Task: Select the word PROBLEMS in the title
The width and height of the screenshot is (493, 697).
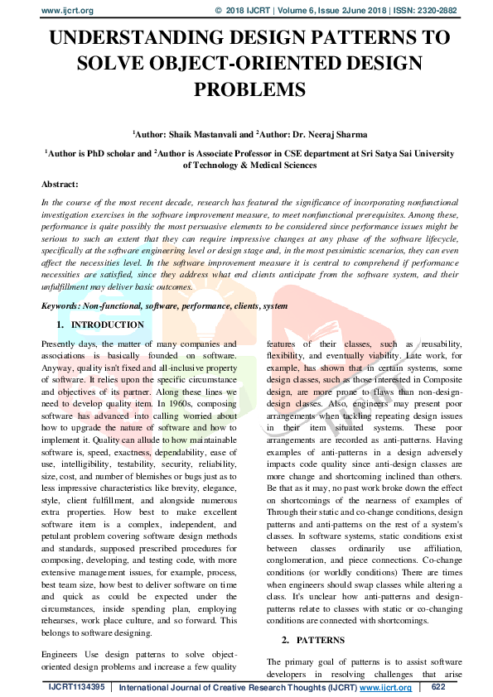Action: (x=246, y=89)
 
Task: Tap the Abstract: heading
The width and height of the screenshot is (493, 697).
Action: (x=60, y=184)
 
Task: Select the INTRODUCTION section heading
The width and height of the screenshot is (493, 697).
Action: (x=108, y=325)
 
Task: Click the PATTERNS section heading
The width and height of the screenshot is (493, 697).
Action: (x=316, y=641)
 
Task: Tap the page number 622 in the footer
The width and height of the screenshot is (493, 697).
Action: (x=438, y=687)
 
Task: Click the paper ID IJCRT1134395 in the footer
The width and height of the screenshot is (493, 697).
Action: (x=77, y=687)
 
